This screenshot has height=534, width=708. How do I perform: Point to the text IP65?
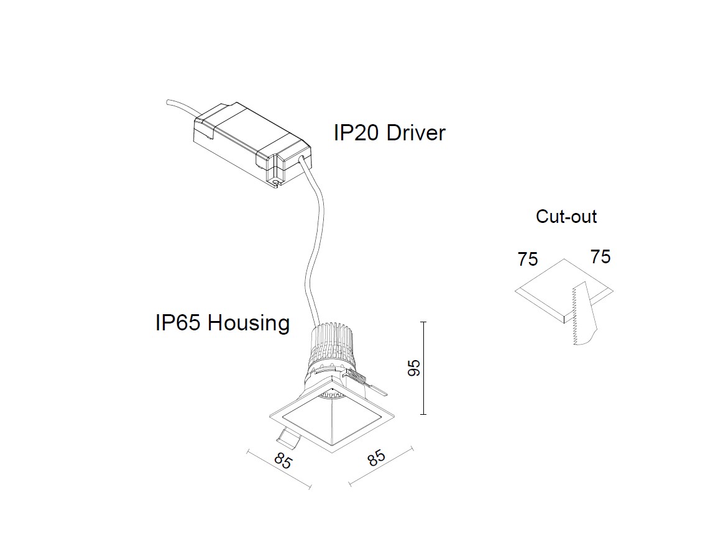click(x=178, y=323)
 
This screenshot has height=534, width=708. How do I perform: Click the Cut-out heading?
click(x=566, y=217)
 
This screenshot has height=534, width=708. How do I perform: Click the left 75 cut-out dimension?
click(x=527, y=259)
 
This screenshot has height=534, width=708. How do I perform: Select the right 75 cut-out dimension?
click(x=600, y=256)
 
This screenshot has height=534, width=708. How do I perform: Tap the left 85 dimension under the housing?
click(x=283, y=462)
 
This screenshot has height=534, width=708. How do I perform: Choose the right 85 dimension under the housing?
click(x=377, y=458)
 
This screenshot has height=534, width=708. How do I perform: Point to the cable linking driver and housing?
click(x=315, y=248)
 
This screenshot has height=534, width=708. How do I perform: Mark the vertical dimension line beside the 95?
click(x=423, y=368)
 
